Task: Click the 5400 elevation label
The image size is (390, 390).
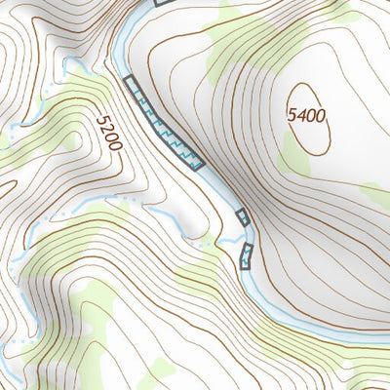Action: (x=306, y=115)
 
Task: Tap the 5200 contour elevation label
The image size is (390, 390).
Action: (x=108, y=132)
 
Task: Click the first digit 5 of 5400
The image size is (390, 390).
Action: (x=292, y=115)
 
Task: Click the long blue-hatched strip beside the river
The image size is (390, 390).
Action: (x=164, y=123)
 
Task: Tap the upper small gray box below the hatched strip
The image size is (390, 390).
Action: (x=243, y=217)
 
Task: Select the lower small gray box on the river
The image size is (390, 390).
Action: (x=246, y=257)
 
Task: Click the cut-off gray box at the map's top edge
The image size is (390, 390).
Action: (x=163, y=3)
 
